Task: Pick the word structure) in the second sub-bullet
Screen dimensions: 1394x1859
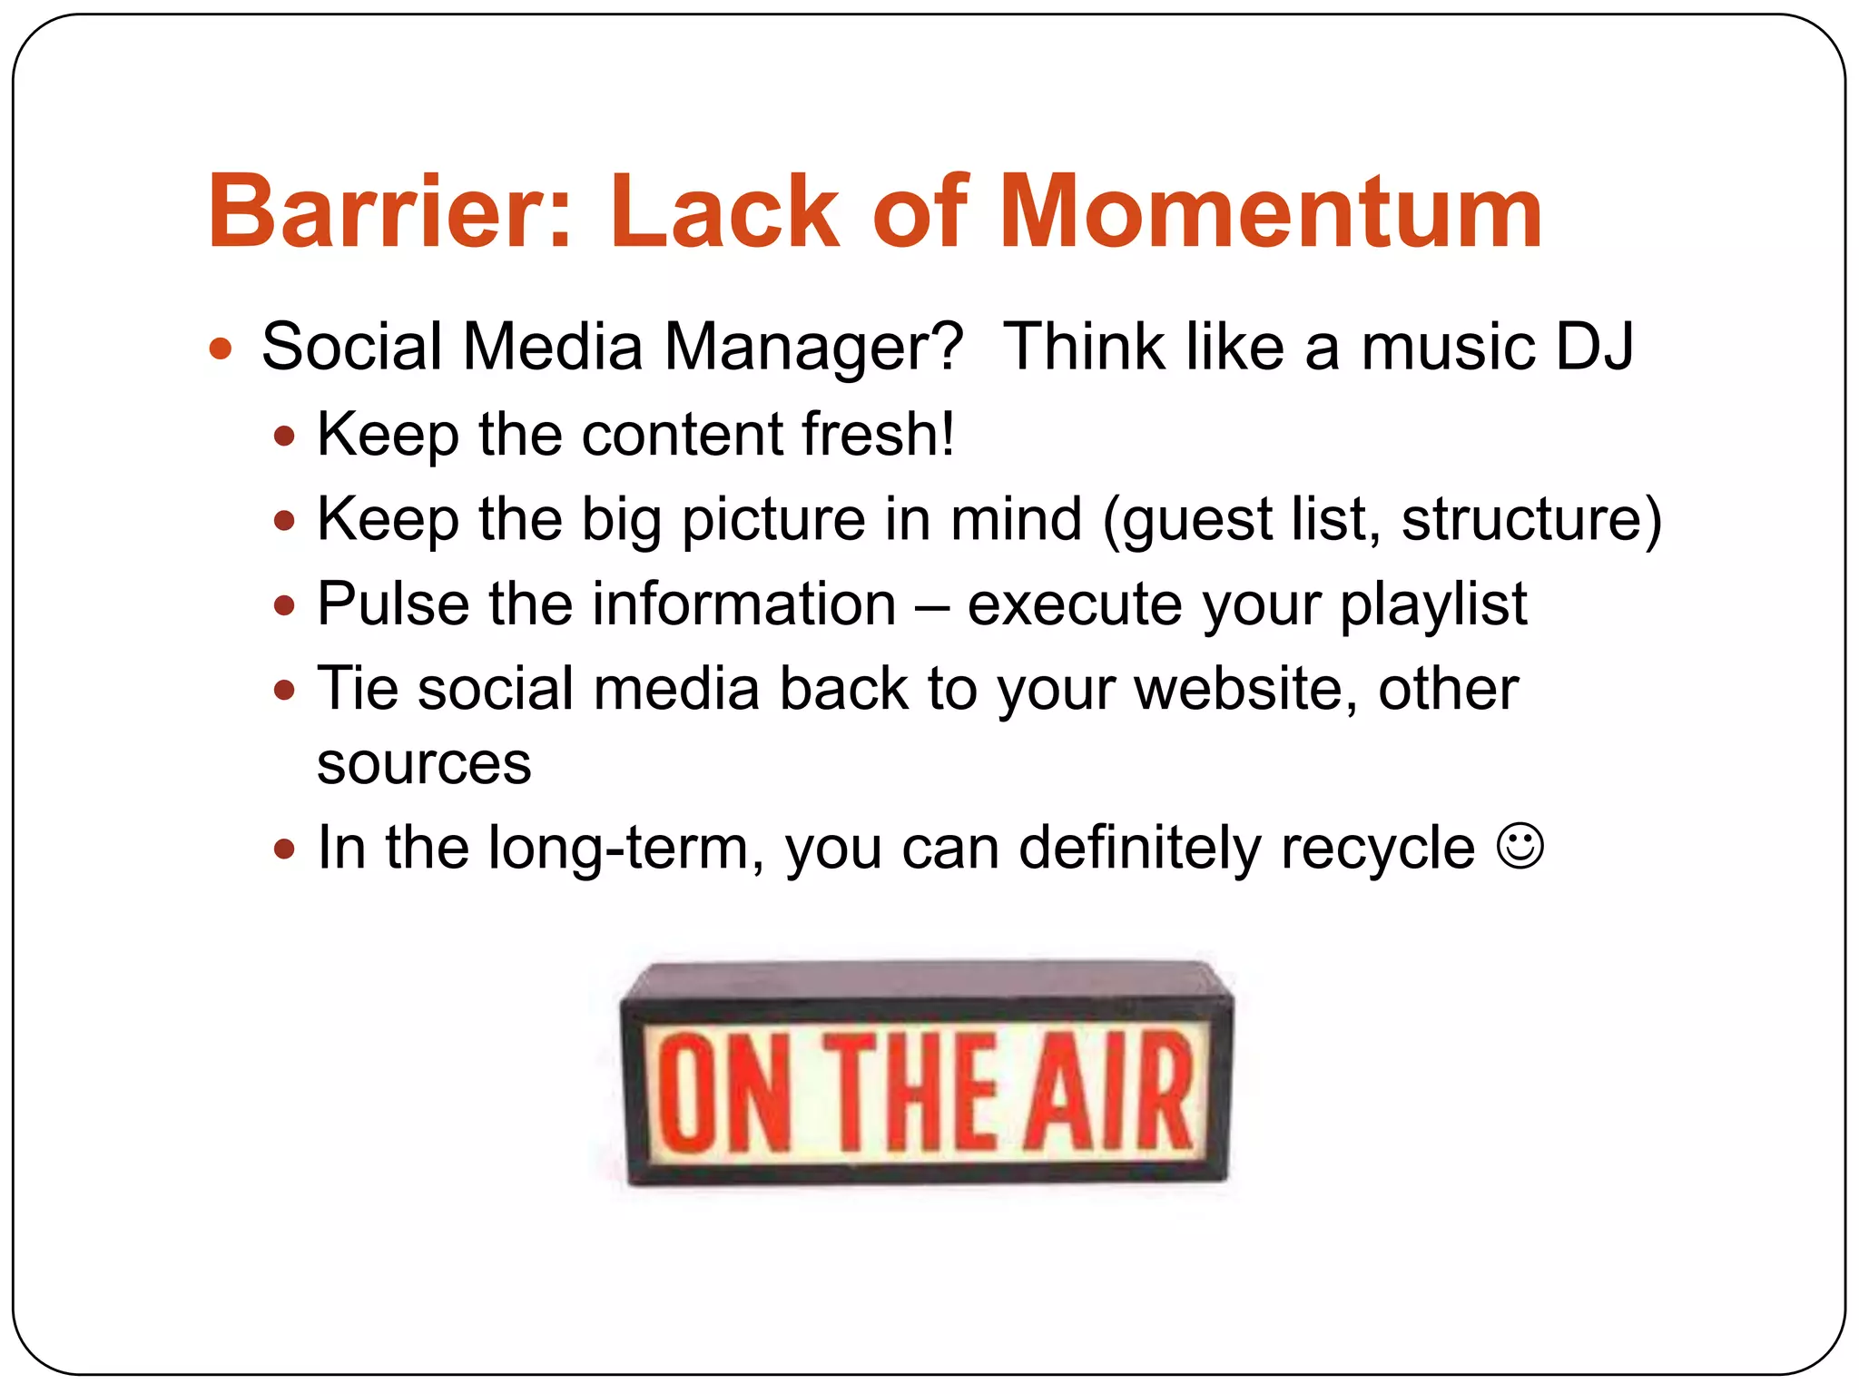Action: coord(1530,520)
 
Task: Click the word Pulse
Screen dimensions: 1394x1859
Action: coord(392,604)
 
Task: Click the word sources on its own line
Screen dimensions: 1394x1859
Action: coord(424,764)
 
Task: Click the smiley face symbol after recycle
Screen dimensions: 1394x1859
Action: coord(1520,846)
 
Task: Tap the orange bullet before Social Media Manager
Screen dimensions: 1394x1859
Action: coord(221,348)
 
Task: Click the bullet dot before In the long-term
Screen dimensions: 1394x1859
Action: coord(285,849)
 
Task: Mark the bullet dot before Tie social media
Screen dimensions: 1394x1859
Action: coord(285,691)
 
